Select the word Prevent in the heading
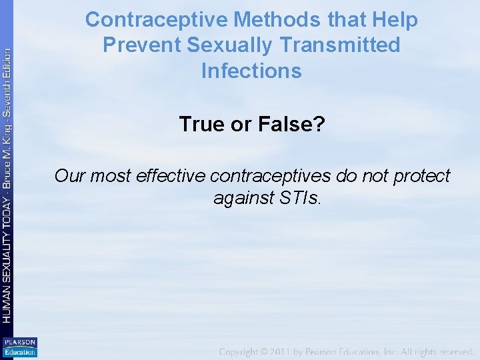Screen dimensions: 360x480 141,45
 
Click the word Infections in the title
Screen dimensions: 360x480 251,70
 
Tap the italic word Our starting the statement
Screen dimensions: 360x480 70,176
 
